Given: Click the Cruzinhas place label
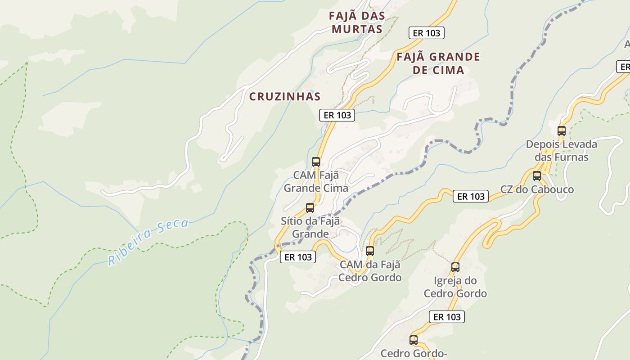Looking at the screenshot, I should pyautogui.click(x=285, y=96).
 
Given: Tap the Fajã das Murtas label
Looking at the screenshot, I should pyautogui.click(x=357, y=22).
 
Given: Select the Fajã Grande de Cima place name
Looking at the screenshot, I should pyautogui.click(x=438, y=63).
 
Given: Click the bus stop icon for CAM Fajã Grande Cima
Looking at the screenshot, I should pyautogui.click(x=316, y=162).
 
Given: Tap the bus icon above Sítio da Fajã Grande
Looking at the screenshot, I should pyautogui.click(x=310, y=208).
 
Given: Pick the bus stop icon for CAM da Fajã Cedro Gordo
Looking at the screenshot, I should pyautogui.click(x=370, y=251).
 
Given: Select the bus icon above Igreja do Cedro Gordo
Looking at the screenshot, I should pyautogui.click(x=455, y=267).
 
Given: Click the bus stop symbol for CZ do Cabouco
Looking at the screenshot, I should pyautogui.click(x=537, y=176).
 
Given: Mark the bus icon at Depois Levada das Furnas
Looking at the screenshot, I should pyautogui.click(x=562, y=131).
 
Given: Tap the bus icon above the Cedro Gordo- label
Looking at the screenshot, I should pyautogui.click(x=414, y=340).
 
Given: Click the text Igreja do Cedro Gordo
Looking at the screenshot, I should pyautogui.click(x=455, y=287).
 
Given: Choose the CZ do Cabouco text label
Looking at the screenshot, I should pyautogui.click(x=537, y=189).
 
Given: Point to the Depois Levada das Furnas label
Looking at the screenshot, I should pyautogui.click(x=562, y=151).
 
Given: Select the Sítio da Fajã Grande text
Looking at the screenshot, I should pyautogui.click(x=310, y=228).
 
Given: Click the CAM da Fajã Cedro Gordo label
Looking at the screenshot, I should pyautogui.click(x=370, y=271).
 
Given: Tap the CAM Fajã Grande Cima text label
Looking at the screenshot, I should pyautogui.click(x=316, y=181).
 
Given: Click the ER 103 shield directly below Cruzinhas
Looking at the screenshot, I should pyautogui.click(x=337, y=115).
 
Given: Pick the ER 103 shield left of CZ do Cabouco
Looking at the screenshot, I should pyautogui.click(x=471, y=196).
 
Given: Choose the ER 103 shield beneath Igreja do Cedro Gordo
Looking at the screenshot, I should pyautogui.click(x=447, y=317).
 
